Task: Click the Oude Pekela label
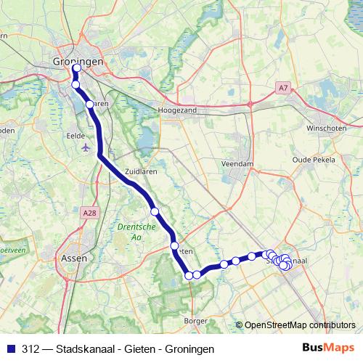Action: (311, 158)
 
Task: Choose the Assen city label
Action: (73, 257)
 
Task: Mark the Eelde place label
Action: (76, 135)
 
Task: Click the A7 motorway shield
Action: (283, 88)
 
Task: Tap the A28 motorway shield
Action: (89, 212)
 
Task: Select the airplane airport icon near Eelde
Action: (87, 148)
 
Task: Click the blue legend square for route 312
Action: (10, 348)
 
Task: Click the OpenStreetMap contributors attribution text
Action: (300, 325)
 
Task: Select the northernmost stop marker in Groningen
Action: (76, 70)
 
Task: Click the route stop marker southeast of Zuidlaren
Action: (155, 211)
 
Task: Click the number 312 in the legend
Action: (31, 348)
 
